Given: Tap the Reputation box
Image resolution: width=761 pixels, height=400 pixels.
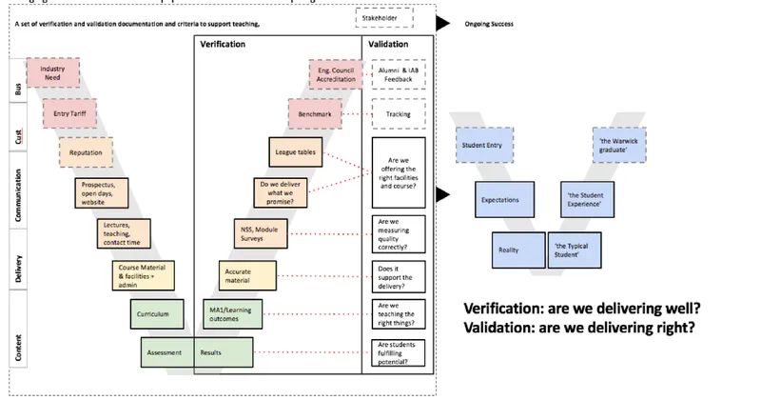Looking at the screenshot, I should pyautogui.click(x=86, y=151).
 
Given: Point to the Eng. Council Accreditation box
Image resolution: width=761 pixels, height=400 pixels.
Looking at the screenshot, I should pyautogui.click(x=336, y=72).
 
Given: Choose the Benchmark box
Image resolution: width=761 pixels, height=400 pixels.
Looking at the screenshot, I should pyautogui.click(x=315, y=114).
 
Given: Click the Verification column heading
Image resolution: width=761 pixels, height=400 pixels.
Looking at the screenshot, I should pyautogui.click(x=224, y=44).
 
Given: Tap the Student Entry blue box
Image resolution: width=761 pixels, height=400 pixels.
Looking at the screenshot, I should pyautogui.click(x=485, y=144).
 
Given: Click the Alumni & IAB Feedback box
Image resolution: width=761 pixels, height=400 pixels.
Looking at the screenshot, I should pyautogui.click(x=399, y=73).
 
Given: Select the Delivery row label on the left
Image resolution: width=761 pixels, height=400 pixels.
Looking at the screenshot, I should pyautogui.click(x=19, y=269).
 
